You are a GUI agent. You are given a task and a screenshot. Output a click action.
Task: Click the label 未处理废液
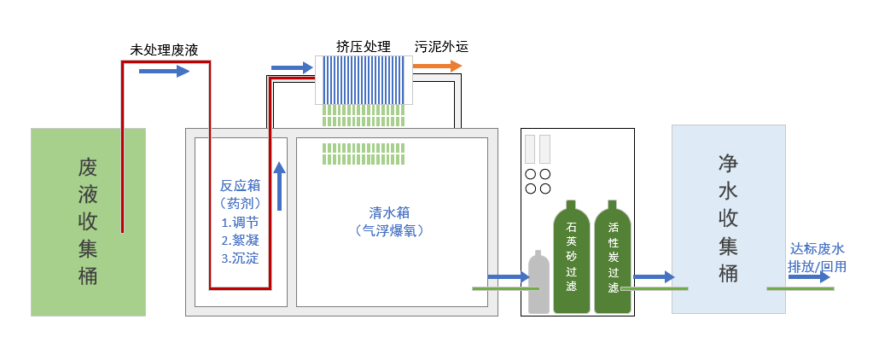164,49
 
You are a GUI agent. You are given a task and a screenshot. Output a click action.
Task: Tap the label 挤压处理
364,45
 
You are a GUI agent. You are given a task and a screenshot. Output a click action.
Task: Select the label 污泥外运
441,45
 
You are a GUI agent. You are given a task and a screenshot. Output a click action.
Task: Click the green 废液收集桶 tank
88,221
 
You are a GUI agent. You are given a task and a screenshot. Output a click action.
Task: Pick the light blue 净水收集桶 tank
729,218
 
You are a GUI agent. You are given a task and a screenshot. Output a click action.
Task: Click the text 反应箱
239,185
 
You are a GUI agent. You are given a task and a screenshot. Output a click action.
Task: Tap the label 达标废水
817,248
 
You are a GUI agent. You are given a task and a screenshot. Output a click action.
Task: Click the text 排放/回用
817,266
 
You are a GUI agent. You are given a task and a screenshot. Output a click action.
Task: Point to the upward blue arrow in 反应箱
278,186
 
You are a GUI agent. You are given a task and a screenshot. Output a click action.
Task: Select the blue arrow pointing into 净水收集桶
654,276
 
